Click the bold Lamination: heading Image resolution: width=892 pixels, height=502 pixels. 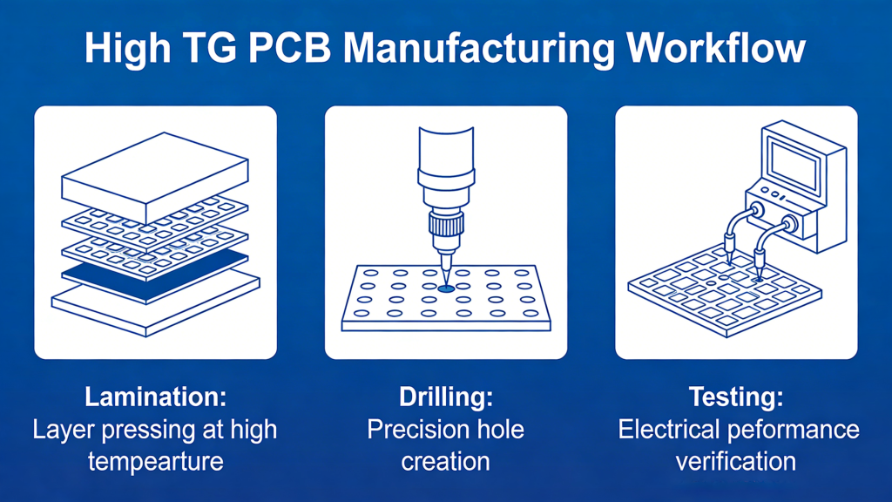(155, 397)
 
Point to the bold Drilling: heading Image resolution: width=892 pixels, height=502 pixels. (446, 397)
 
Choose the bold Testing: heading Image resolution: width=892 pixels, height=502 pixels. (736, 397)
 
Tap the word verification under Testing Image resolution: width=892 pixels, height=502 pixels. (736, 460)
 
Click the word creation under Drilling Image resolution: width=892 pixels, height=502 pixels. (446, 460)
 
